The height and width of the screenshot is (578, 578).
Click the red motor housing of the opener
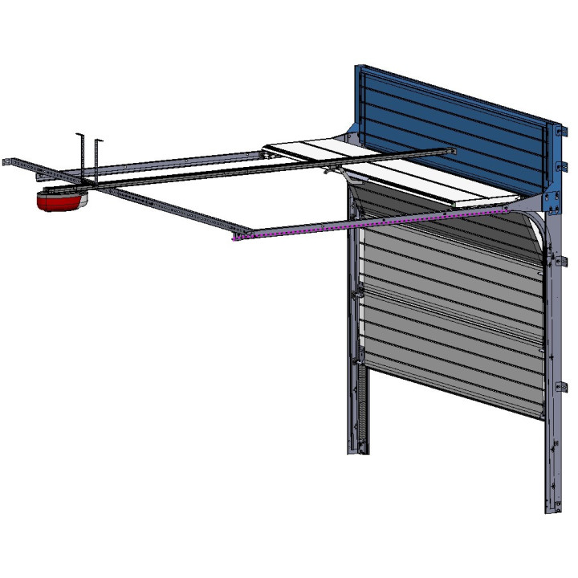point(58,201)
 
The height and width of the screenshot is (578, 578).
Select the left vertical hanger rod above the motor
point(81,153)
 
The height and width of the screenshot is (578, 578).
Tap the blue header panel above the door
point(450,128)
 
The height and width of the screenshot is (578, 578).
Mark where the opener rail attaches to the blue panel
point(453,150)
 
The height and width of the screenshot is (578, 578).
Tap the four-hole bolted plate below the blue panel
point(551,201)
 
